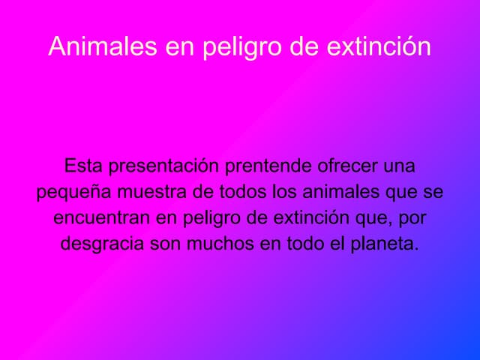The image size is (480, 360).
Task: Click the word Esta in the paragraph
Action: (x=85, y=165)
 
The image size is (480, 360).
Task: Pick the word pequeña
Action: (x=73, y=192)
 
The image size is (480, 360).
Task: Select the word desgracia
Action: (x=102, y=244)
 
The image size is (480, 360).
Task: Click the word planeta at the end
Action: (x=387, y=244)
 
